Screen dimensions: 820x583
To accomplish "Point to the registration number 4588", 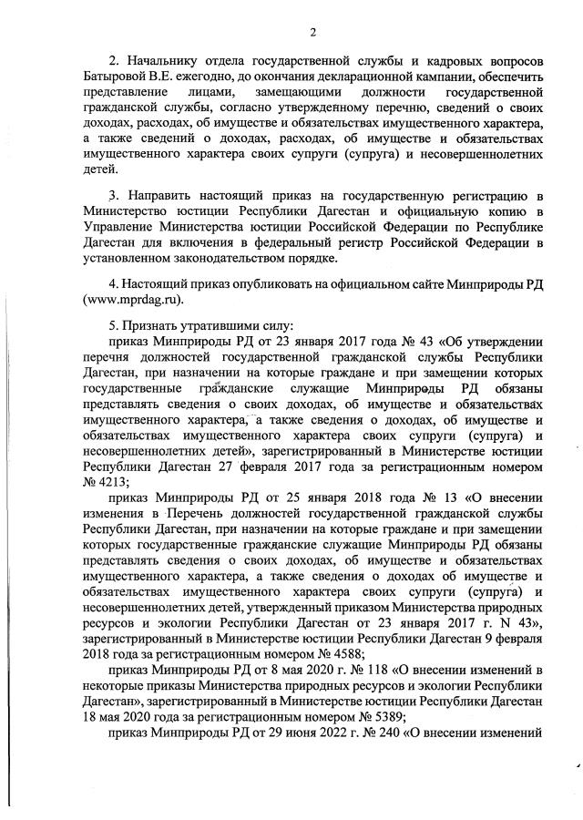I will click(x=341, y=652).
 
